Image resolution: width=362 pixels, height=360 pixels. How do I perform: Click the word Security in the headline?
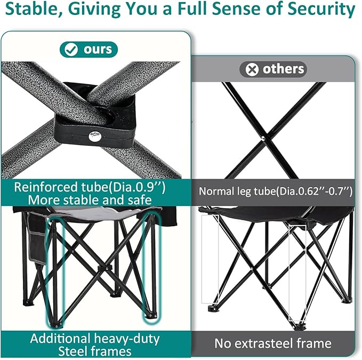coord(321,9)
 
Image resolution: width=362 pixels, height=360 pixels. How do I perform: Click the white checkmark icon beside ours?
coord(71,50)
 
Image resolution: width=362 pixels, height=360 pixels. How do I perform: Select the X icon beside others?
coord(252,69)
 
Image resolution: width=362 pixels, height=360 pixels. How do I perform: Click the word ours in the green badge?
coord(98,50)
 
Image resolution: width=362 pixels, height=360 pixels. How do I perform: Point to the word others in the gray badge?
coord(283,69)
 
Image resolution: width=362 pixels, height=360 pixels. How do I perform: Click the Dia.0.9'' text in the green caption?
coord(137,187)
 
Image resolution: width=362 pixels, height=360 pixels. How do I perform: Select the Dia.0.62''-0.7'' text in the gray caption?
coord(315,191)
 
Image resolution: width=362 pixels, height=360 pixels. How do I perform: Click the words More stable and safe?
coord(90,200)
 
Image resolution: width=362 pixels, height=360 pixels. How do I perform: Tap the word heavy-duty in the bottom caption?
coord(127,339)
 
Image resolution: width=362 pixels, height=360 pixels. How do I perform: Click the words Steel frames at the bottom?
coord(95,351)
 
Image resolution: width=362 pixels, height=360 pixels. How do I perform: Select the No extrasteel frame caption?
coord(273,343)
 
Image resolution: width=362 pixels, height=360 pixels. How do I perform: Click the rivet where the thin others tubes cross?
coord(263,138)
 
